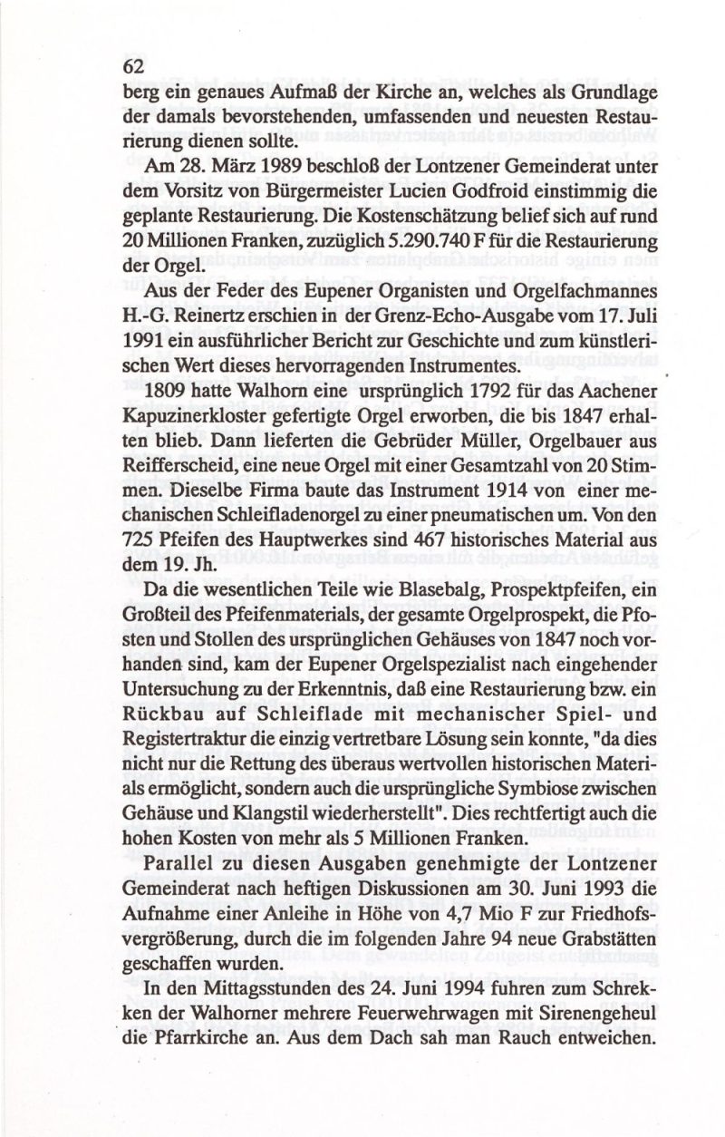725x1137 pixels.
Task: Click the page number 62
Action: coord(134,66)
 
